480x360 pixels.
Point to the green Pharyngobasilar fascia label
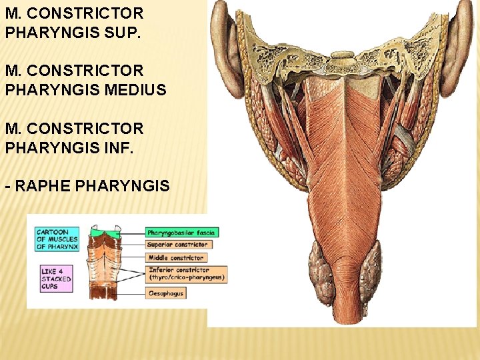point(181,233)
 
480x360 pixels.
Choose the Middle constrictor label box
point(175,258)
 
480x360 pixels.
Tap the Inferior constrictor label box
point(186,274)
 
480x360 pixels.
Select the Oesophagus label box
point(166,293)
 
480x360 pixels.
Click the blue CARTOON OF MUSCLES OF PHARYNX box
point(57,239)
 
